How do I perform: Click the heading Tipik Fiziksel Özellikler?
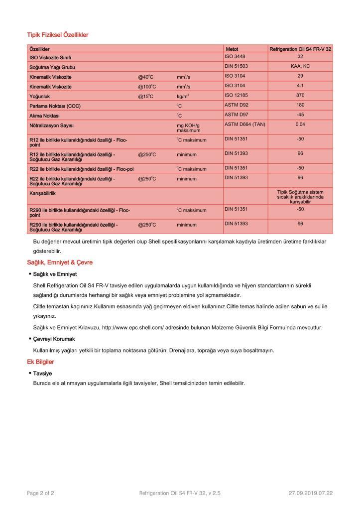[x=58, y=35]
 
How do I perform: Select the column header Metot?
[x=232, y=50]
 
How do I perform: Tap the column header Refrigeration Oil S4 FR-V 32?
[x=300, y=50]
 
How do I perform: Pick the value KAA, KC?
[x=300, y=66]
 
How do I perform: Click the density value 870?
[x=300, y=95]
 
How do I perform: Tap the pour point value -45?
[x=300, y=114]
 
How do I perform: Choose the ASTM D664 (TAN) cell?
[x=244, y=124]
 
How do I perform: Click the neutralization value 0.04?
[x=300, y=124]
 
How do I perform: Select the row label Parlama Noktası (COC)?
[x=55, y=106]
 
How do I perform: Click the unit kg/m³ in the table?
[x=182, y=96]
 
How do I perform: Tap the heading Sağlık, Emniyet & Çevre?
[x=60, y=262]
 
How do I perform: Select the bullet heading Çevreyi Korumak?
[x=54, y=339]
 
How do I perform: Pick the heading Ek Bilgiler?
[x=40, y=362]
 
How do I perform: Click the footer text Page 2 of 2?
[x=40, y=494]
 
